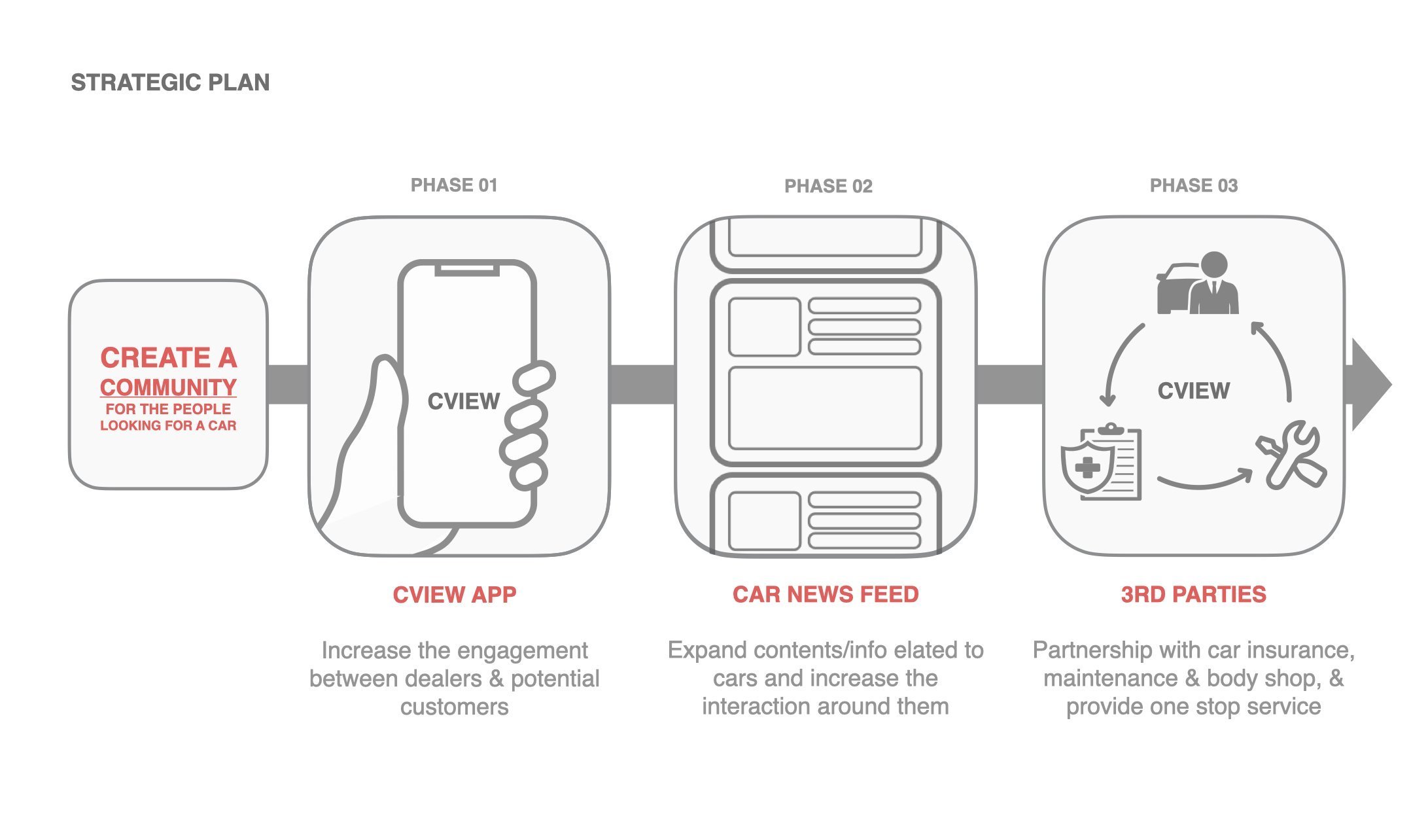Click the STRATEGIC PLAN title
coord(170,82)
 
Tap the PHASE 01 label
coord(454,185)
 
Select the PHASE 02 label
coord(828,186)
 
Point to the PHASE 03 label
coord(1194,186)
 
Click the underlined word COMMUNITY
coord(168,387)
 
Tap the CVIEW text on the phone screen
coord(463,401)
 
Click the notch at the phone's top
coord(466,268)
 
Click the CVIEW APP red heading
coord(455,594)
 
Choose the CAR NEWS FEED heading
coord(826,594)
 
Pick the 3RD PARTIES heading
coord(1193,594)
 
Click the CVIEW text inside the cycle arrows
coord(1194,391)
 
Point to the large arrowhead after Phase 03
coord(1370,385)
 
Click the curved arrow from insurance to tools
coord(1204,482)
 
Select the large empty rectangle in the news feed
coord(825,408)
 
